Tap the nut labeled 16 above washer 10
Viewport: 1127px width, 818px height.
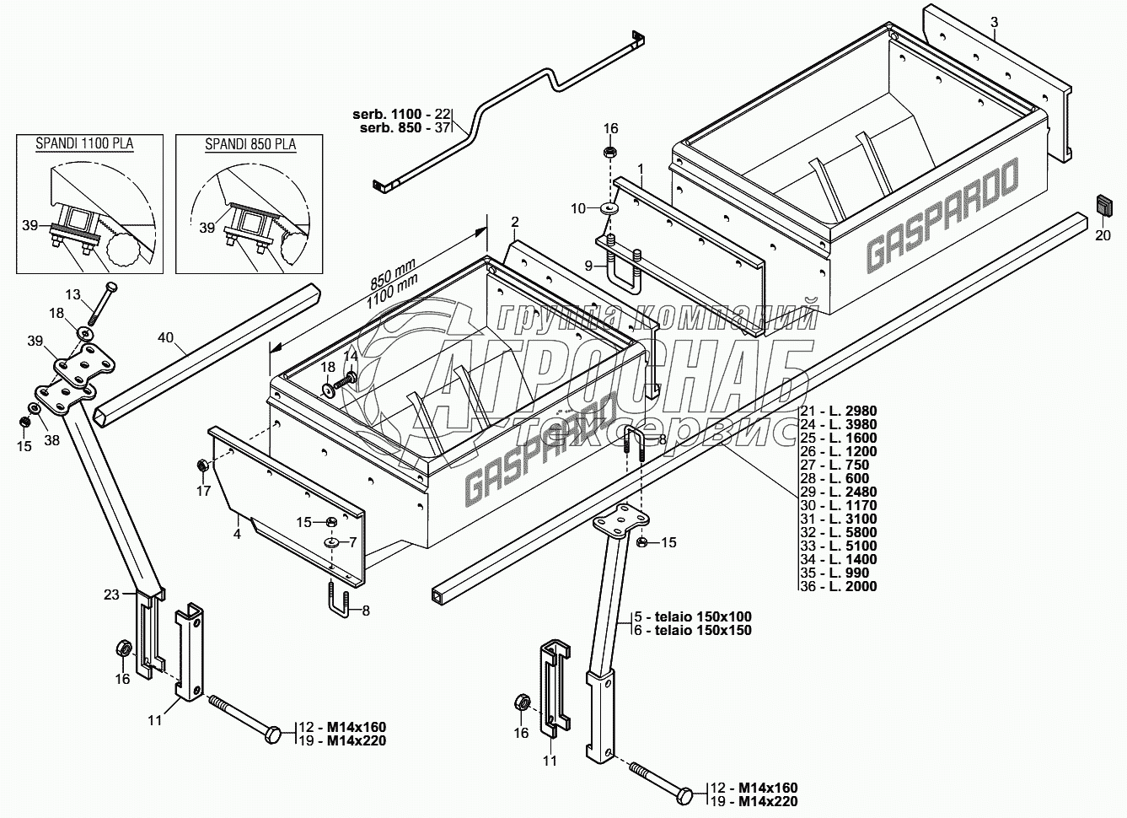(x=610, y=153)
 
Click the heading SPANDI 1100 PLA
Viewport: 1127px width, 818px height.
(x=84, y=144)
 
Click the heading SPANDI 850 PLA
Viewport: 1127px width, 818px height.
(x=250, y=144)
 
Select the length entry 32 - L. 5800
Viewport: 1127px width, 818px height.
(x=838, y=532)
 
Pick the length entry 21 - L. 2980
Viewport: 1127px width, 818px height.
(x=838, y=411)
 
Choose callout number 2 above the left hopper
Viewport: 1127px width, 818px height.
(x=514, y=222)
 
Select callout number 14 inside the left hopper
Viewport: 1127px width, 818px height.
(x=349, y=357)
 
